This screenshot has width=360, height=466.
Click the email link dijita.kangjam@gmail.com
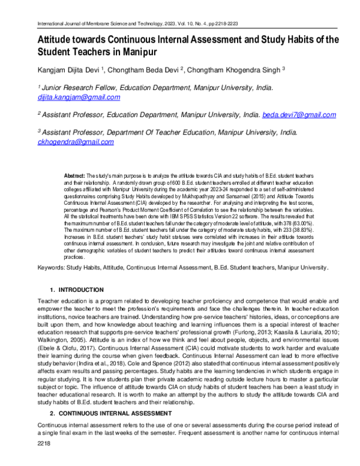79,97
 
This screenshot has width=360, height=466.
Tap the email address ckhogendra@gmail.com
76,142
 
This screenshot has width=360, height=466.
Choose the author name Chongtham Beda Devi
141,70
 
